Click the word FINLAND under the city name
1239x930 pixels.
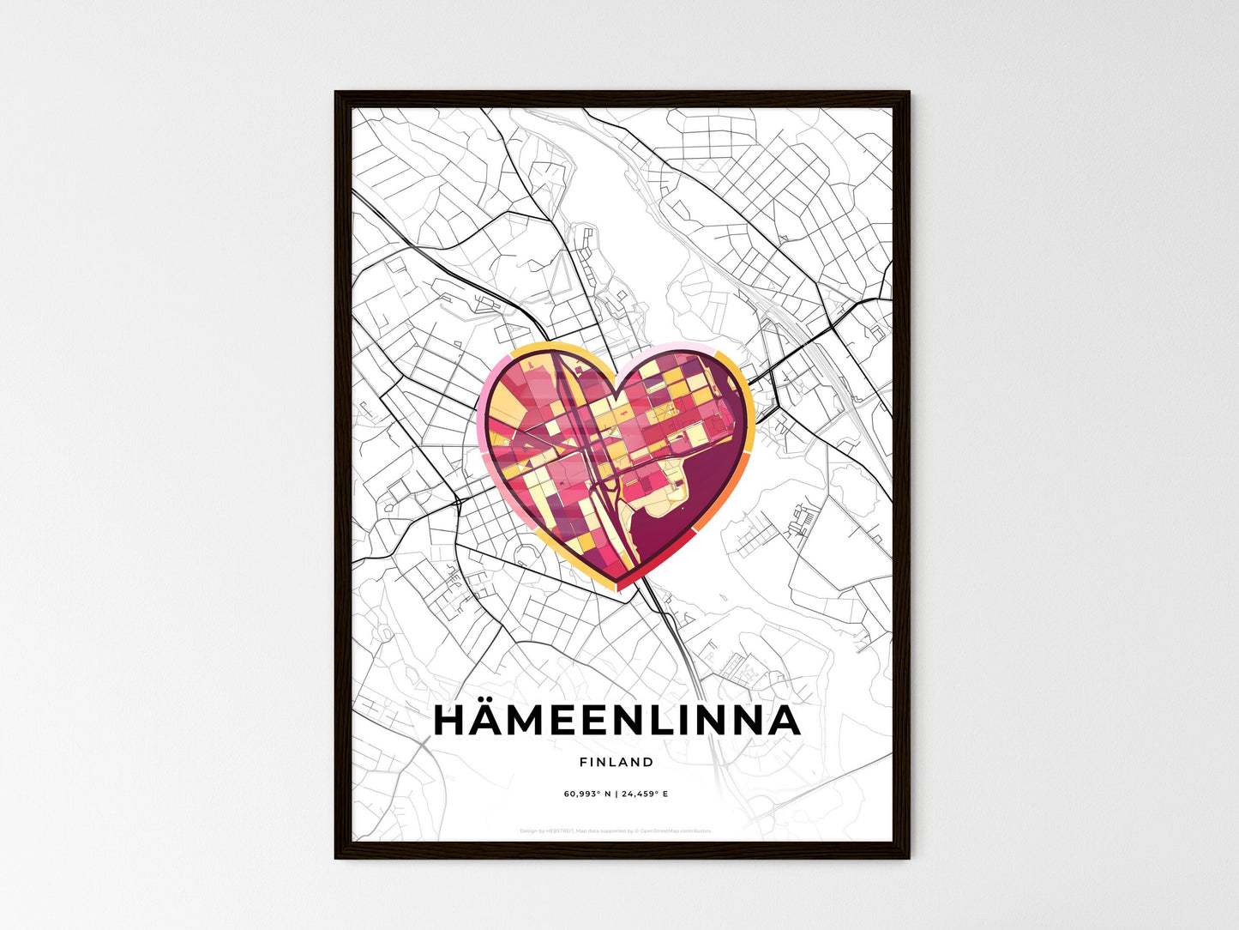[616, 762]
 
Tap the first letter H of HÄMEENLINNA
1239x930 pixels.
[451, 722]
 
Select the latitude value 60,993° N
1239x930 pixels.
[587, 794]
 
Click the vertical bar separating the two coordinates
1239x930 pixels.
[616, 794]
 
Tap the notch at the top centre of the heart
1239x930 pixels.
[615, 397]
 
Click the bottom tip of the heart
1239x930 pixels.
[616, 590]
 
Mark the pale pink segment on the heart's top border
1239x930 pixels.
[677, 347]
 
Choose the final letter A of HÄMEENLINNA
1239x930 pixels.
[783, 722]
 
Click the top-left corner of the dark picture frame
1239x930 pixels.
[336, 93]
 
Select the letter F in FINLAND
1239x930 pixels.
[583, 762]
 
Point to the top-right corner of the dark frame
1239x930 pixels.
[908, 93]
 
